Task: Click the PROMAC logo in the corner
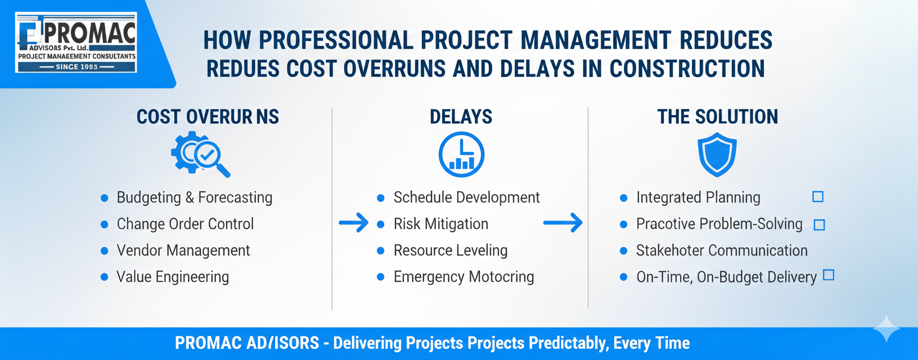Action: click(76, 42)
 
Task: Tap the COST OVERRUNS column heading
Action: click(208, 117)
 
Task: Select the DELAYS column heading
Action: click(461, 117)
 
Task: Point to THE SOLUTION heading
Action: click(718, 117)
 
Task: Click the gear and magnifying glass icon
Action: click(200, 154)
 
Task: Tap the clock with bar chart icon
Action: click(461, 154)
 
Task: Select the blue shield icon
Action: click(717, 154)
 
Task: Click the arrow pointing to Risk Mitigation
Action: click(353, 223)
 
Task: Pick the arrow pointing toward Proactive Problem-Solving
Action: click(562, 223)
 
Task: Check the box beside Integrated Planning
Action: click(818, 197)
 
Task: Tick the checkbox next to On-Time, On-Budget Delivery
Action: click(829, 274)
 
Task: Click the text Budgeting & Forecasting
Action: click(195, 197)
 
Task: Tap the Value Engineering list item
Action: click(173, 277)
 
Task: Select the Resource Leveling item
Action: click(451, 250)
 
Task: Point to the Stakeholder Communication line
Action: click(722, 250)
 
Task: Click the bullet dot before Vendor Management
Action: click(105, 251)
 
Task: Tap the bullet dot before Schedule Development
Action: click(381, 198)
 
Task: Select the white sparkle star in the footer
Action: click(886, 328)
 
